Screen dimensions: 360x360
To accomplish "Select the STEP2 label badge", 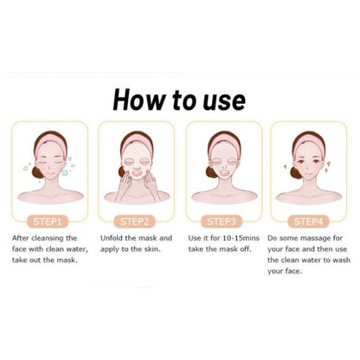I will pyautogui.click(x=137, y=221).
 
